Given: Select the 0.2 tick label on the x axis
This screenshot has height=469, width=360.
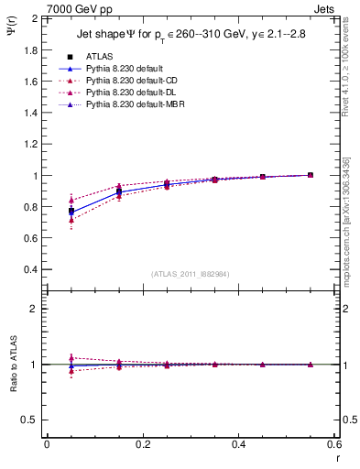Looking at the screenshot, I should click(143, 444).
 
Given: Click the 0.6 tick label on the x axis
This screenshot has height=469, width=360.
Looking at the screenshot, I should click(333, 444).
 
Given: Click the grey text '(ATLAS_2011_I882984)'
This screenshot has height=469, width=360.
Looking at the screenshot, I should click(191, 274).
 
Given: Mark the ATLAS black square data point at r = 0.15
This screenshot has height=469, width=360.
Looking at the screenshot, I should click(119, 191).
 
